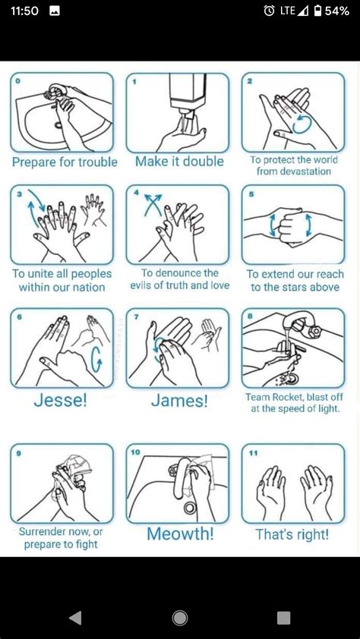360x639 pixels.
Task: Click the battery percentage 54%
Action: pos(336,11)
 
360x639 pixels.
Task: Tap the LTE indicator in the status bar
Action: pos(288,11)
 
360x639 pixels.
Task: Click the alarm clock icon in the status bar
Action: pos(269,11)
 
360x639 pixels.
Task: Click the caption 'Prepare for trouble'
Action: pos(65,162)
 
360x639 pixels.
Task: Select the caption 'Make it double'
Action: pos(179,161)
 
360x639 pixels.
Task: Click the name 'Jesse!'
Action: pos(60,401)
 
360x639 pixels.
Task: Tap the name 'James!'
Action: pos(179,401)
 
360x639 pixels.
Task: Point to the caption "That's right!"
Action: pos(292,534)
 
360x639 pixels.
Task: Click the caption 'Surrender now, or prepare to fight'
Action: pos(61,538)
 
